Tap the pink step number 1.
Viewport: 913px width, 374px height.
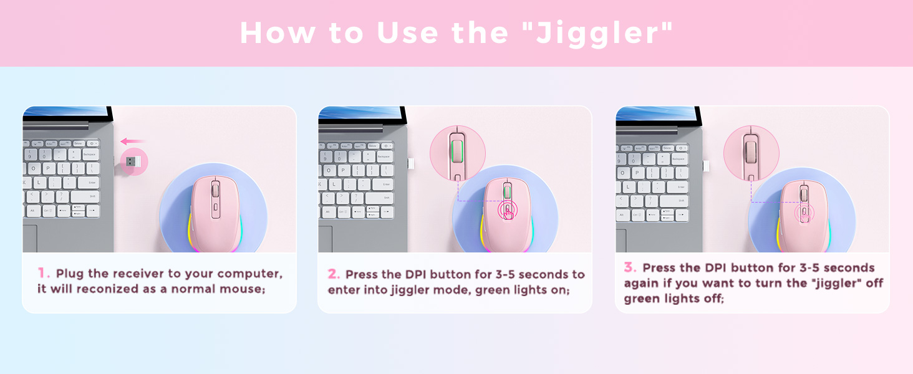(43, 273)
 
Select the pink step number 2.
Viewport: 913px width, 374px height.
(334, 274)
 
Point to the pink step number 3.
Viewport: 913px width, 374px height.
(630, 267)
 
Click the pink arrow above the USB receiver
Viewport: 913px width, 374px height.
(132, 141)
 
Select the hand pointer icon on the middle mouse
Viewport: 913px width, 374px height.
(508, 212)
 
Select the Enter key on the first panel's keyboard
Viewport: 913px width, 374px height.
(91, 183)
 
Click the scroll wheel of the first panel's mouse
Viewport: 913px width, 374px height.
(215, 189)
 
